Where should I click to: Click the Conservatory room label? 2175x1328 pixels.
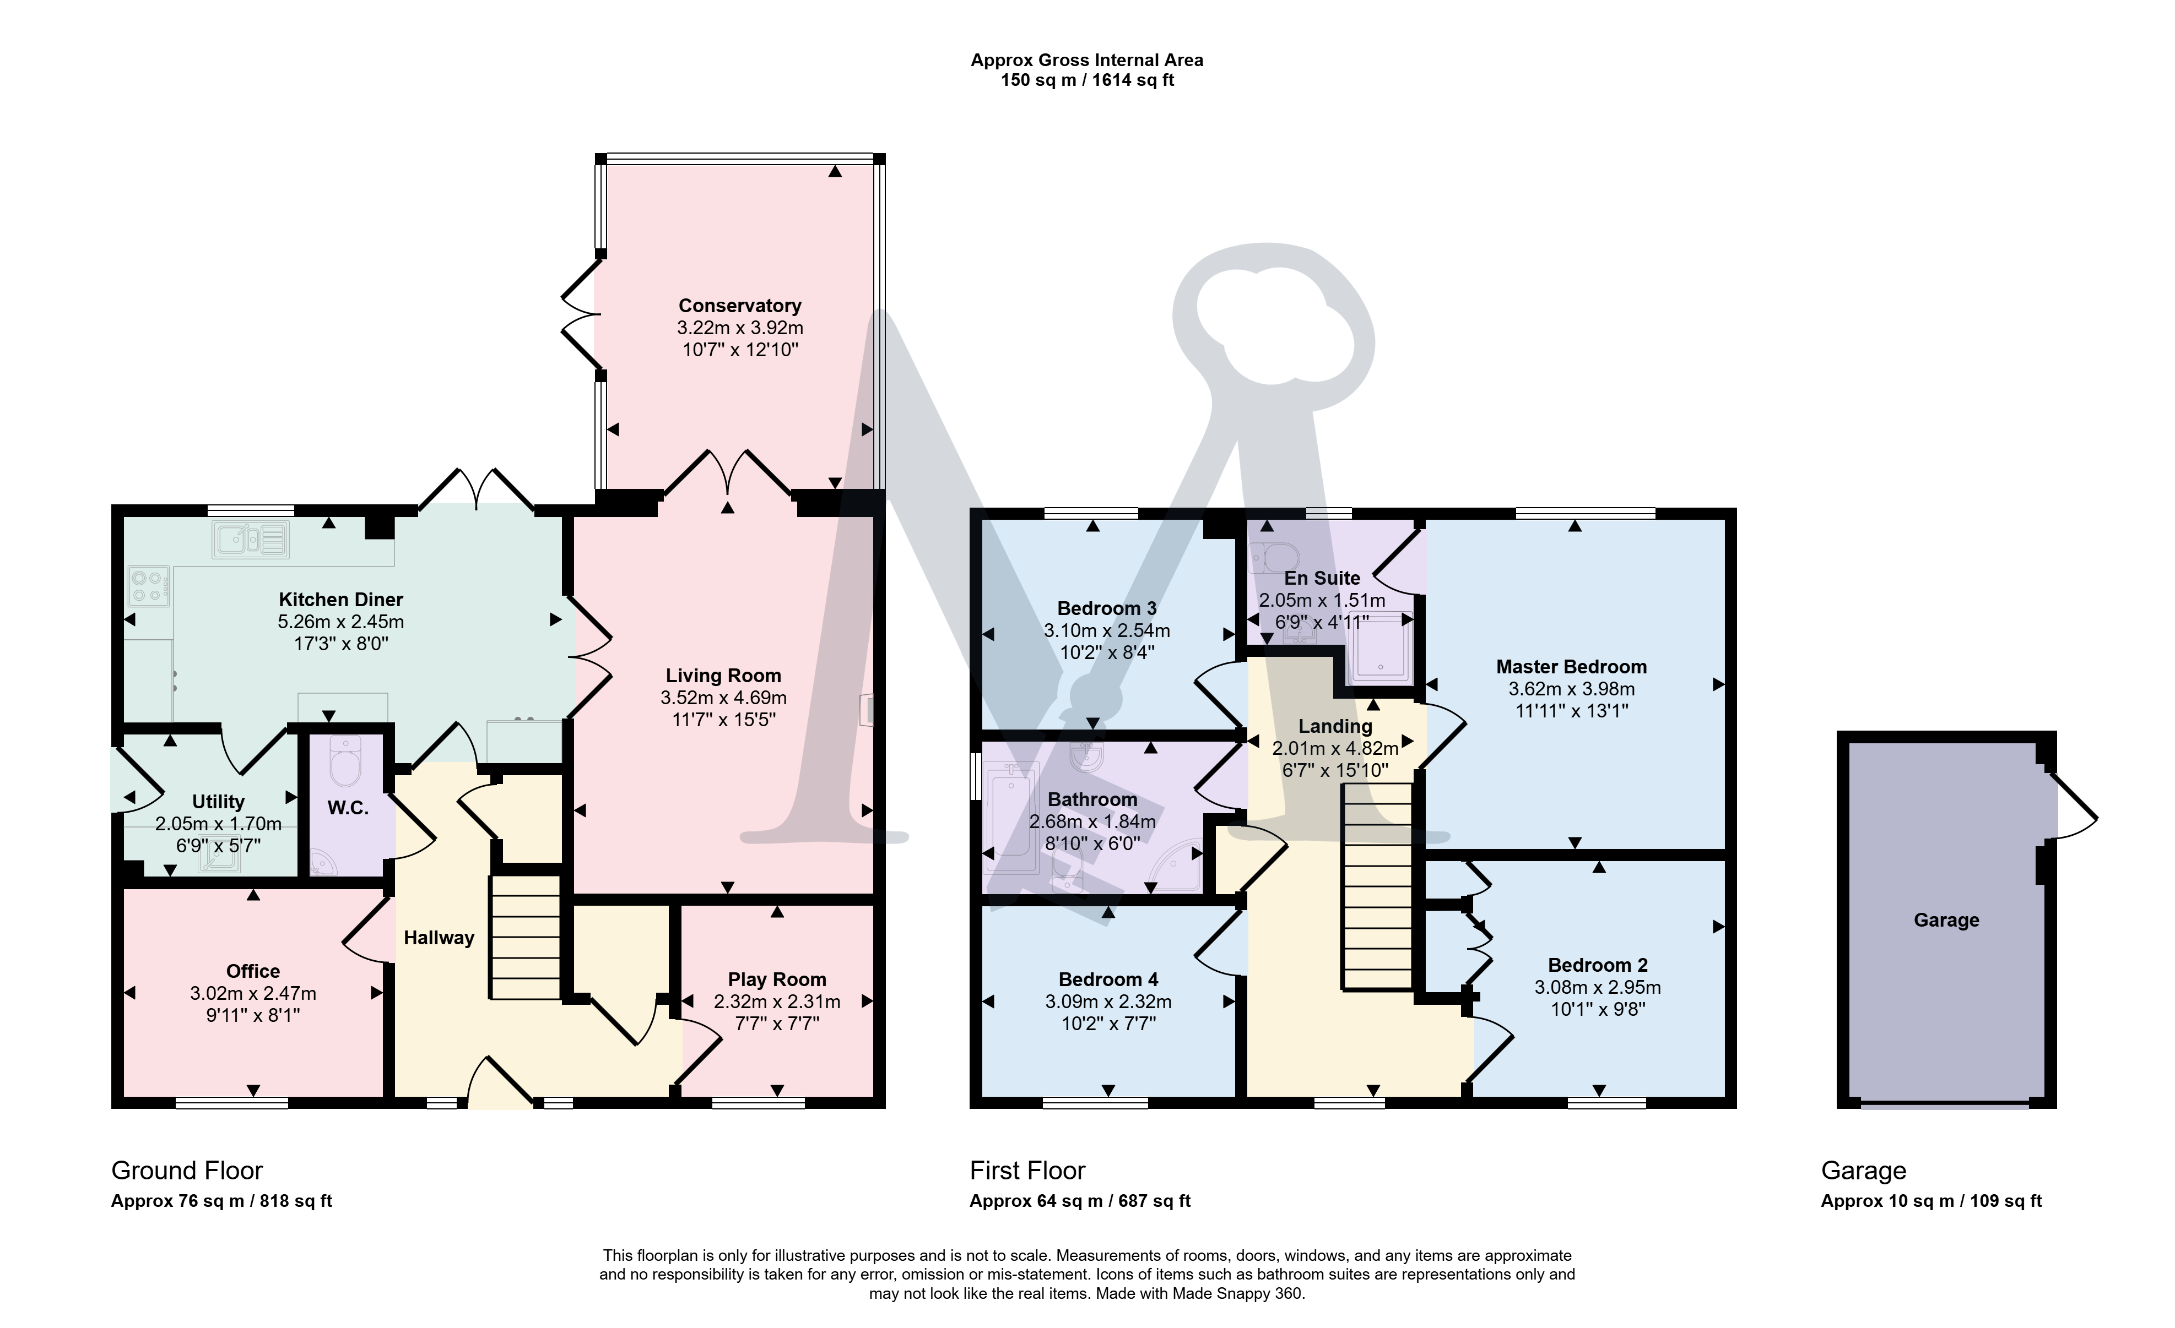740,306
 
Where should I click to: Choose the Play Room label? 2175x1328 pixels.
777,979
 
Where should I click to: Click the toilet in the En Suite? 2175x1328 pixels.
1275,558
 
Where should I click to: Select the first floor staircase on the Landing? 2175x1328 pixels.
1378,887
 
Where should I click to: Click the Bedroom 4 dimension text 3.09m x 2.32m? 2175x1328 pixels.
1108,1002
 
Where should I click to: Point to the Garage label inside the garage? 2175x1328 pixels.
1946,921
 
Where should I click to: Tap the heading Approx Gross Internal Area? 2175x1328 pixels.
1086,60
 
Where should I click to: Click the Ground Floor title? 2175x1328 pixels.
187,1171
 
